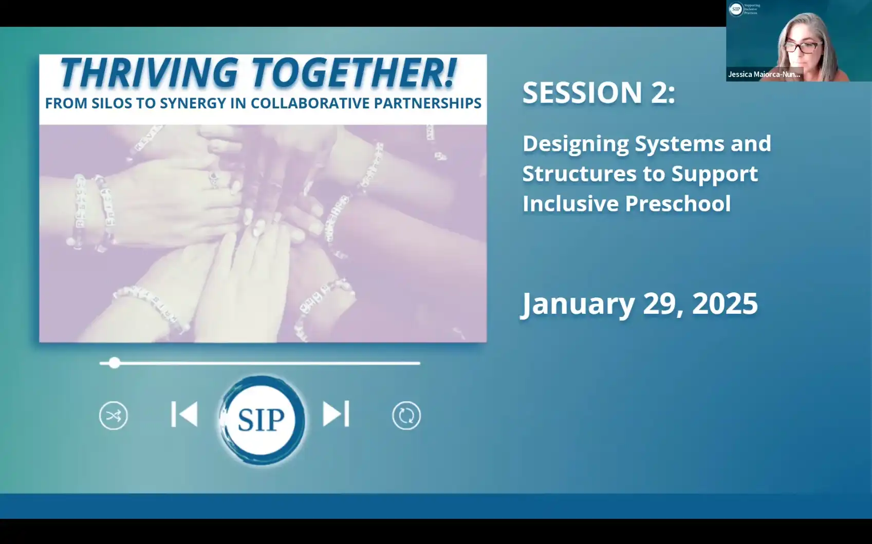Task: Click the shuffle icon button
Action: (113, 416)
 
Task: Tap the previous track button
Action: (184, 414)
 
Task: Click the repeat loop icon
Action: (406, 416)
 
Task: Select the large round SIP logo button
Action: (262, 420)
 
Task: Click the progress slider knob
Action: (115, 363)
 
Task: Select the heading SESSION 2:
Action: (599, 92)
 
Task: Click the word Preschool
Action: (678, 203)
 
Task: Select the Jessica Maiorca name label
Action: (764, 74)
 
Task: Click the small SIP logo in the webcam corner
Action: (736, 9)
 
